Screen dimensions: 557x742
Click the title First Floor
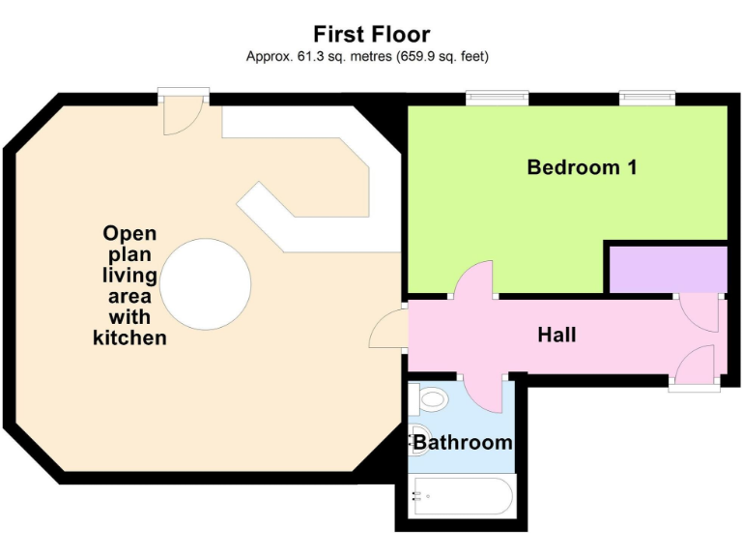[371, 35]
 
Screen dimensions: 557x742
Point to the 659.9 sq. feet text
[441, 57]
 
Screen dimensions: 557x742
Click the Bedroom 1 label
[582, 167]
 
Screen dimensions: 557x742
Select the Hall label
[557, 335]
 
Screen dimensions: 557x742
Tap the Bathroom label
[463, 443]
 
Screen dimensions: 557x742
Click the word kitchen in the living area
[129, 337]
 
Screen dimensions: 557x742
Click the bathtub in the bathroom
[461, 497]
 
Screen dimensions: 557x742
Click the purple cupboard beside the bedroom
[667, 268]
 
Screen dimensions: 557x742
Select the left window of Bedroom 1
[497, 97]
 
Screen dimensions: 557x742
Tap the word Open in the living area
[129, 233]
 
